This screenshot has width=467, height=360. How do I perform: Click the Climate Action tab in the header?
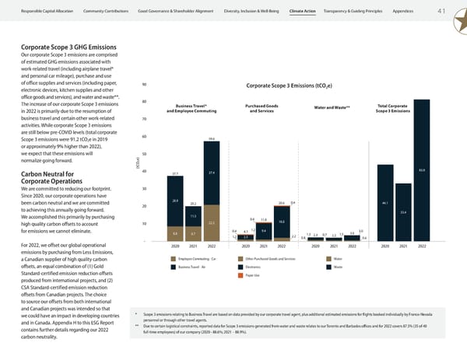point(302,11)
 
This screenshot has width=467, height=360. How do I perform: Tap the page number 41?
point(441,11)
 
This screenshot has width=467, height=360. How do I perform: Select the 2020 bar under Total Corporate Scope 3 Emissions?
point(384,202)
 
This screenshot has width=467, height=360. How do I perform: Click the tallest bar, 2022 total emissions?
point(422,198)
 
